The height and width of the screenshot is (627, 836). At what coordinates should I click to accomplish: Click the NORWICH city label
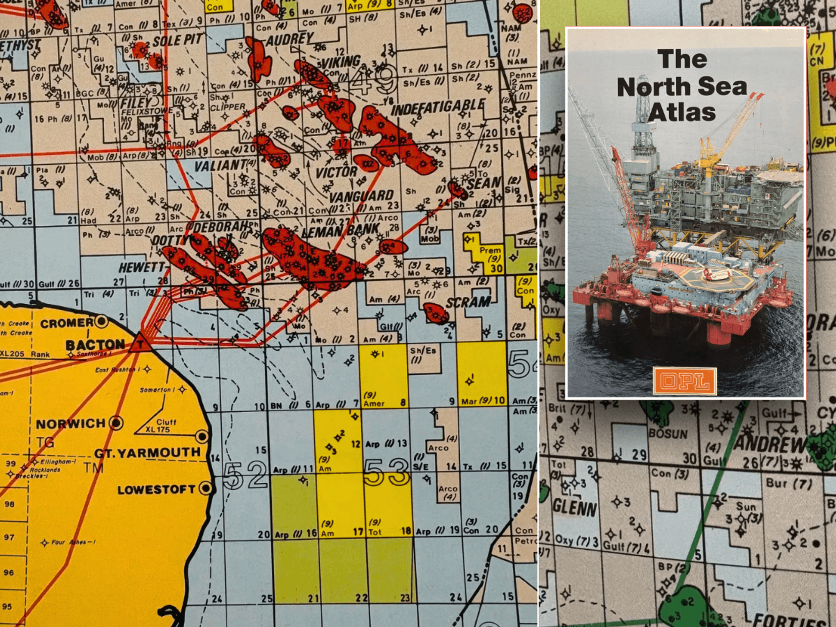tap(71, 424)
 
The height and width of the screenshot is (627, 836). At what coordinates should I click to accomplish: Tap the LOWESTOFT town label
tap(156, 489)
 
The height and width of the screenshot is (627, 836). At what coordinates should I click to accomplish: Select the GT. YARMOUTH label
tap(147, 453)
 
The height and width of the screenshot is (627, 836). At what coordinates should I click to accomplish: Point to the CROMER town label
tap(67, 323)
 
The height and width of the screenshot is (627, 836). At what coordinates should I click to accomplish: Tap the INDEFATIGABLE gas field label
tap(438, 107)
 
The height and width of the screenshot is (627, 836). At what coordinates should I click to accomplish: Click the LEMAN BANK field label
tap(341, 230)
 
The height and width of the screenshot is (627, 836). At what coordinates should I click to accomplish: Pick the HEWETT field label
tap(142, 268)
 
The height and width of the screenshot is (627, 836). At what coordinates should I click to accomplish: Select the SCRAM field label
tap(468, 302)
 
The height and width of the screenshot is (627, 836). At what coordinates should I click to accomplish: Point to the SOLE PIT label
tap(178, 41)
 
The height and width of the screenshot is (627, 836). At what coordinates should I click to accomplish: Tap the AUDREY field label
tap(290, 40)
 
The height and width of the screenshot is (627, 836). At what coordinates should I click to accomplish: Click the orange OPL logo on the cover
tap(685, 381)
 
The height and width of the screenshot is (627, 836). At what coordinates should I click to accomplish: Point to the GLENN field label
tap(574, 508)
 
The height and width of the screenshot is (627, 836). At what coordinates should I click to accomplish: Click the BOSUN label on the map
tap(668, 434)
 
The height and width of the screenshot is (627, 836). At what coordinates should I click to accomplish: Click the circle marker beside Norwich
tap(116, 423)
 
